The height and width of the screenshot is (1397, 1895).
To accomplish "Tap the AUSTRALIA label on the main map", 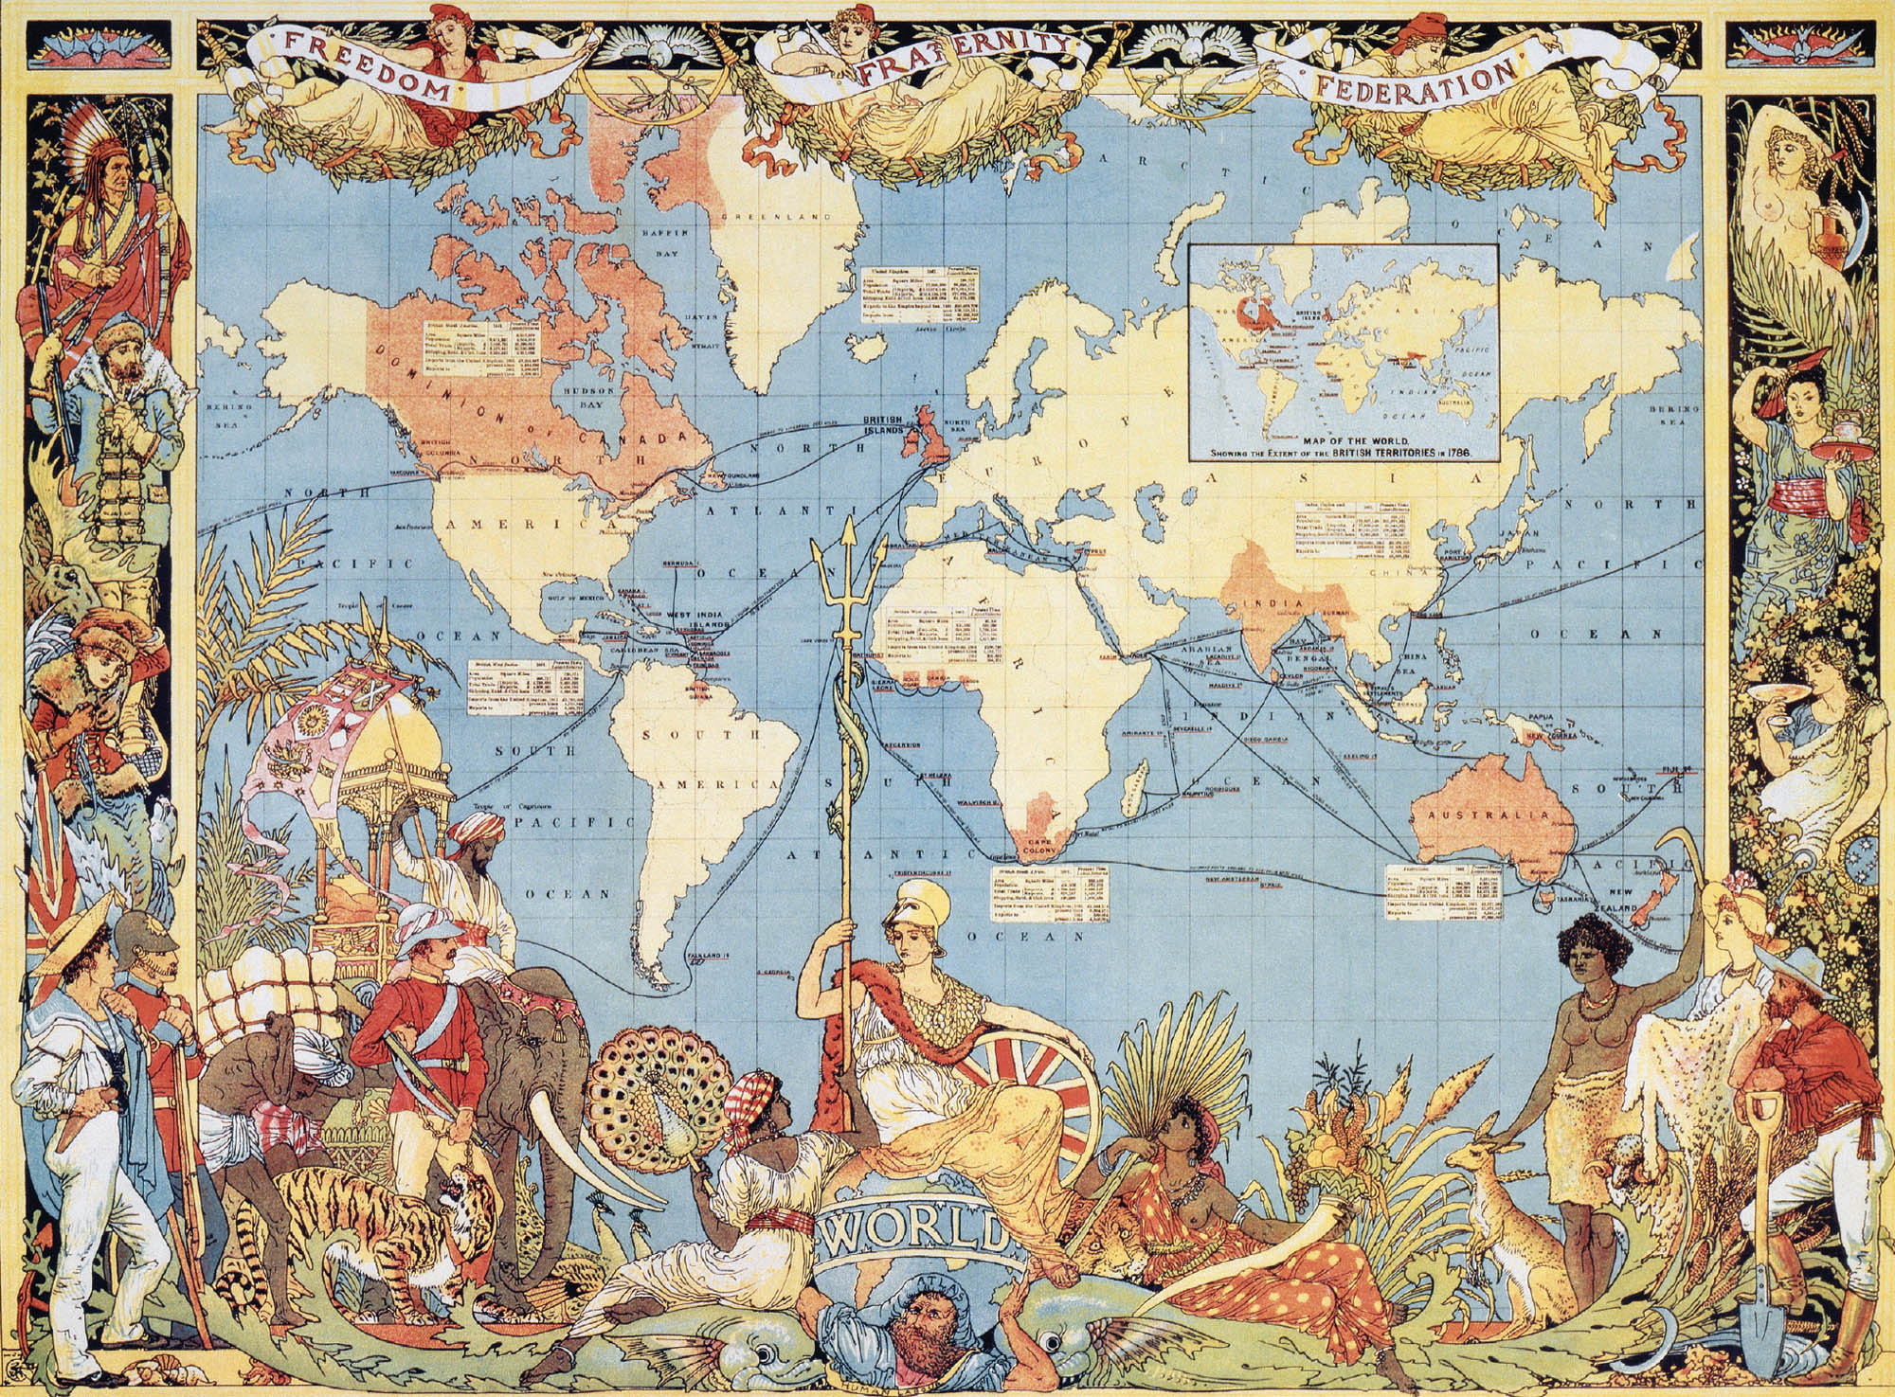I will [1480, 815].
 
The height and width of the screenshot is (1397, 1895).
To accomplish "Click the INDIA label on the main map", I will [1271, 604].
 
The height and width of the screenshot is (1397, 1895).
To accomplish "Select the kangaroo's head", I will [1479, 1155].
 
